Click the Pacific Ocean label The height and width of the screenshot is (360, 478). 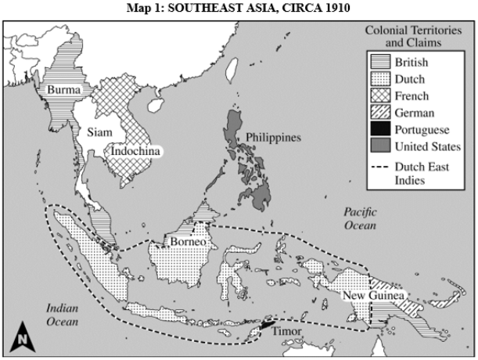[359, 218]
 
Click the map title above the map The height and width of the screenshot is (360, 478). [239, 7]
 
